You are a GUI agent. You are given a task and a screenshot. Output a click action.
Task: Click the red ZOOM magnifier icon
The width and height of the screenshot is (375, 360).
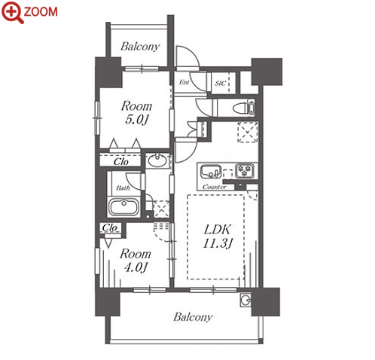point(13,12)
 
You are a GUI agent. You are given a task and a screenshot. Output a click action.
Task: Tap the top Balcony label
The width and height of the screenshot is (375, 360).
point(140,47)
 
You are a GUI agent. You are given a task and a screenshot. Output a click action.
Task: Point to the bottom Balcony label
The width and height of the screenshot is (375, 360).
point(193,317)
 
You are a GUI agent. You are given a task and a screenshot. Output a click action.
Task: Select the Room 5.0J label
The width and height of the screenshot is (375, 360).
point(136,113)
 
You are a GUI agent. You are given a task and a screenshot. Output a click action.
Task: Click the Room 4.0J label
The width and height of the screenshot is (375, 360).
point(136,261)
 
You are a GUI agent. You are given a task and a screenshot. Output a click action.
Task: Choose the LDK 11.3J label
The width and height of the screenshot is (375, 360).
point(218,236)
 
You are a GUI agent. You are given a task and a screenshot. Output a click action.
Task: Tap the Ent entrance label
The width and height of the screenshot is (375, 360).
point(184,82)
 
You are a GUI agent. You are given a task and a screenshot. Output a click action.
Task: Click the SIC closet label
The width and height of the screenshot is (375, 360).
point(221,83)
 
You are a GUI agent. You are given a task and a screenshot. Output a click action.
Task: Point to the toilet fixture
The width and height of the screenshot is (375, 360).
point(243,108)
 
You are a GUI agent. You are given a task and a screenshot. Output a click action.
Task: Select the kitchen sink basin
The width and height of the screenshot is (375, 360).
point(211,172)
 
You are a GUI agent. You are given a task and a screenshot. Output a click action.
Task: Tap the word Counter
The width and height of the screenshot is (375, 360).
point(215,187)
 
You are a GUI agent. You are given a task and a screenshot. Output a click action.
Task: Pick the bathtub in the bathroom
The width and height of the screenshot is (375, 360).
point(123,207)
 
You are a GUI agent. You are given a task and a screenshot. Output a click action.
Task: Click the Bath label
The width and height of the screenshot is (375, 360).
point(123,188)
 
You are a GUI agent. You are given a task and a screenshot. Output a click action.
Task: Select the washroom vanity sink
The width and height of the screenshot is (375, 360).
point(157,160)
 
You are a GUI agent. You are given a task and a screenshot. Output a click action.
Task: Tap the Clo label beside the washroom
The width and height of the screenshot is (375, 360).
point(121,162)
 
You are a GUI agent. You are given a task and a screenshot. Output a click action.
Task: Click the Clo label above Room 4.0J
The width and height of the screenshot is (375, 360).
point(110,227)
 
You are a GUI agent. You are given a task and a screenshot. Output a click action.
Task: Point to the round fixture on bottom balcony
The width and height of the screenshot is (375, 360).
point(245,300)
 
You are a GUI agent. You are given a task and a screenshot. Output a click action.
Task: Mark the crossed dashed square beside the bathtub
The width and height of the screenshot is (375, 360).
point(160,209)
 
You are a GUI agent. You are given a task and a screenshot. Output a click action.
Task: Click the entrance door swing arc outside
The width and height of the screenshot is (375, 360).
point(188,56)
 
